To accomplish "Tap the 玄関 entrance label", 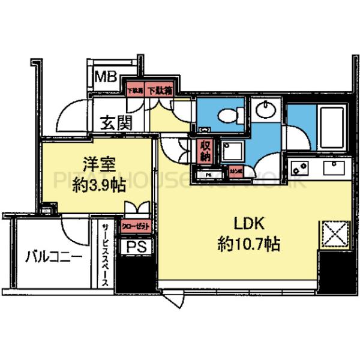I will (116, 123).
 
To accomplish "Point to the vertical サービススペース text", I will (105, 254).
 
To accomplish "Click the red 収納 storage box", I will (205, 150).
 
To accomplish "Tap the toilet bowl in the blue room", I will (227, 114).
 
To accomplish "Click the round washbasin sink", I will (264, 110).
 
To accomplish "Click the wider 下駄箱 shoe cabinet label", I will (160, 91).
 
